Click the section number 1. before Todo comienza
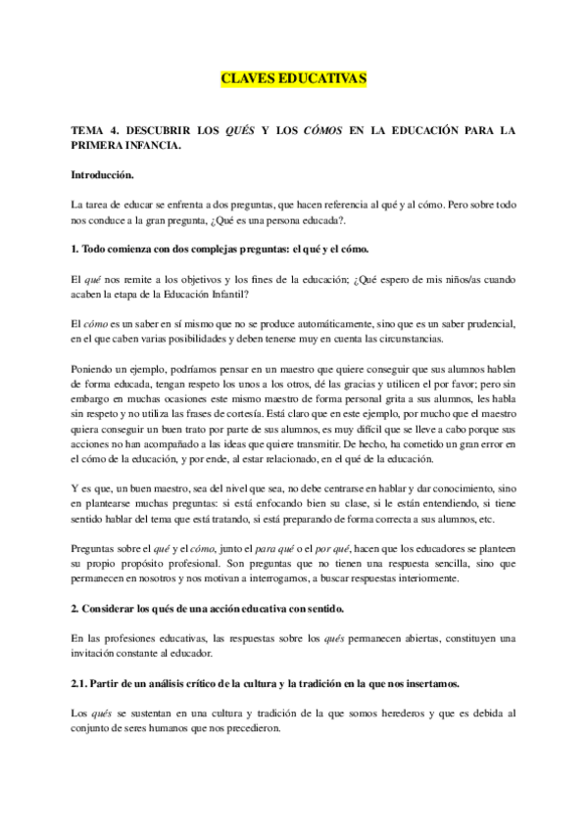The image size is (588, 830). (76, 249)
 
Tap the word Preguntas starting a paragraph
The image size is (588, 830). (98, 549)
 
